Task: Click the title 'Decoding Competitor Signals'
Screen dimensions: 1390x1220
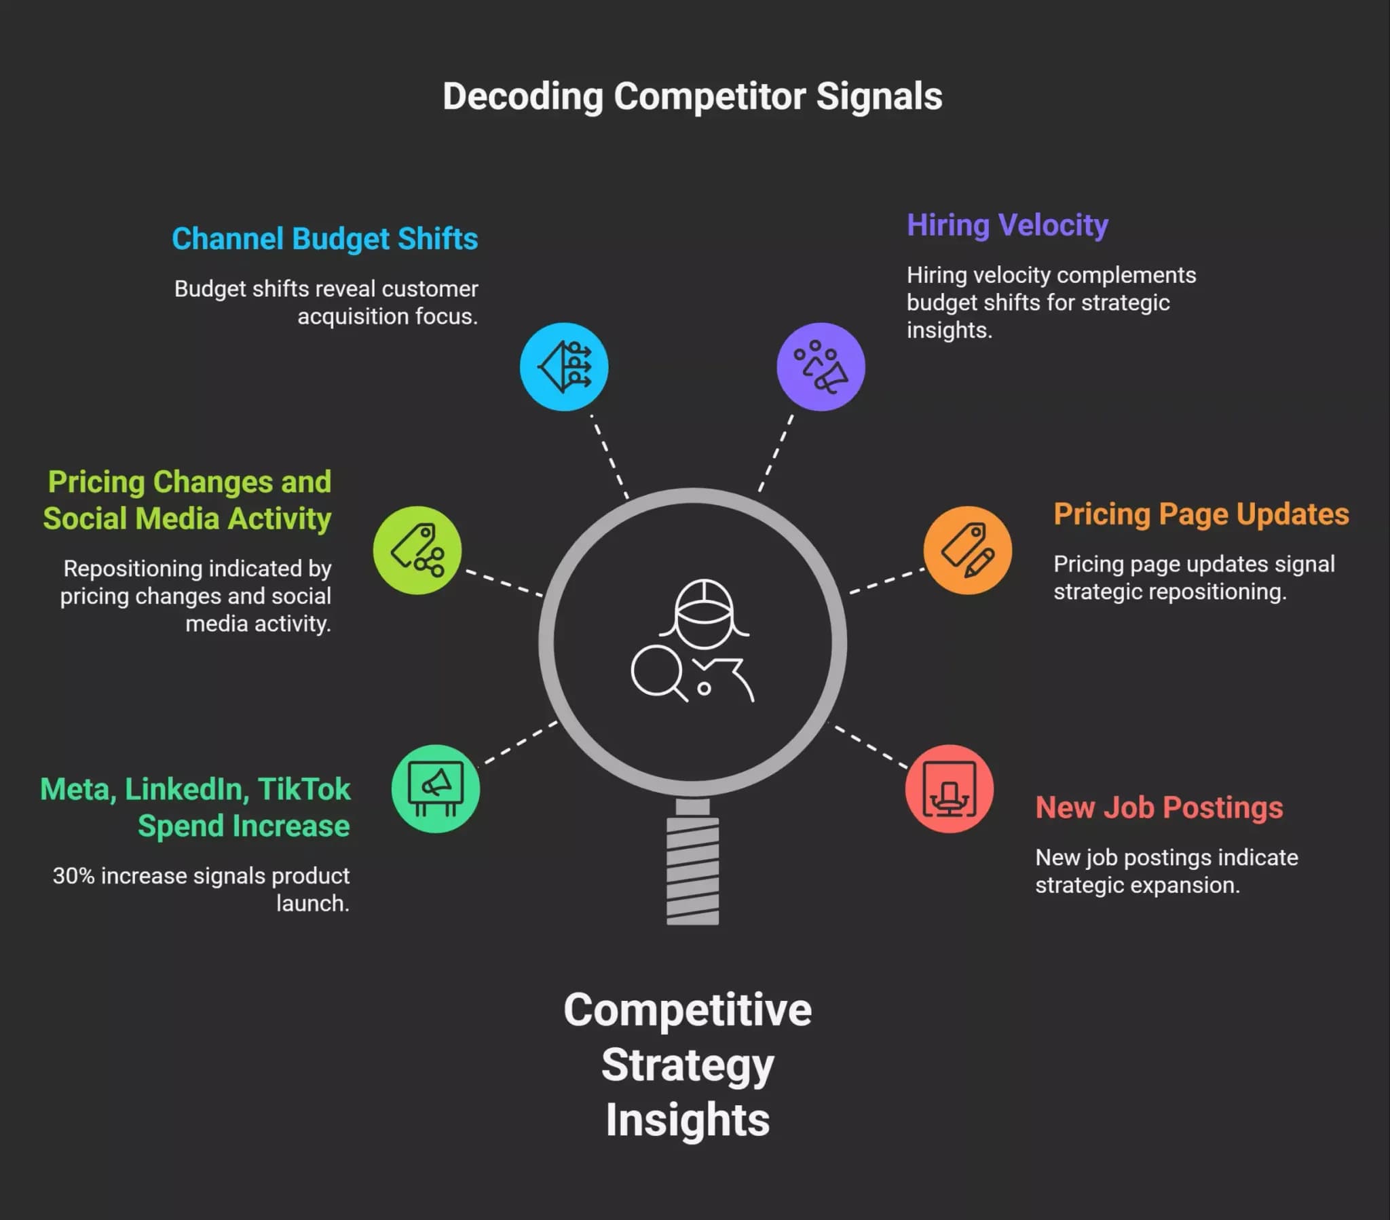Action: (x=692, y=96)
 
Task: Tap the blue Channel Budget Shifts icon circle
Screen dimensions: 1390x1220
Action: (x=564, y=366)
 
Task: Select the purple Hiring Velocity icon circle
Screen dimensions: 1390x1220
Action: (x=821, y=366)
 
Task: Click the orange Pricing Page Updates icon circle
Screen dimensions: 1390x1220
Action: (x=968, y=550)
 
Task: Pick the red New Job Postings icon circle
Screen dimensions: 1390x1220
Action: (x=950, y=789)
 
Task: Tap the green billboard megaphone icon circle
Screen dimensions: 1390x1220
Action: (x=435, y=789)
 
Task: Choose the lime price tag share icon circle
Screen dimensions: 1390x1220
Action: (x=417, y=550)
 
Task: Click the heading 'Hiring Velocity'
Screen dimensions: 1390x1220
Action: (x=1007, y=226)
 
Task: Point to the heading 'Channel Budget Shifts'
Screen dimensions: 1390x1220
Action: (x=325, y=240)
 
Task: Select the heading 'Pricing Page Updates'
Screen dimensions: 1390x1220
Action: (x=1201, y=515)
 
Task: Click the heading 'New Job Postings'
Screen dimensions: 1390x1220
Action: (x=1159, y=808)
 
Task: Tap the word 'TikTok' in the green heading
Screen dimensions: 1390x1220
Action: (x=304, y=790)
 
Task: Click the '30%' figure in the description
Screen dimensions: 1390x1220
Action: (x=73, y=876)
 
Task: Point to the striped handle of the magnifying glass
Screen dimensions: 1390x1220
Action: (x=692, y=871)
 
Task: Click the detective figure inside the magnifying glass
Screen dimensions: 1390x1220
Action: (x=693, y=641)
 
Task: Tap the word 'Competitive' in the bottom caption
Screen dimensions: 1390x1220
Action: (x=688, y=1010)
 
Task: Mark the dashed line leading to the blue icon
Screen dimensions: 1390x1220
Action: (x=609, y=455)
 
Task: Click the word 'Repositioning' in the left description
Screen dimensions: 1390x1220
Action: (x=133, y=569)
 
